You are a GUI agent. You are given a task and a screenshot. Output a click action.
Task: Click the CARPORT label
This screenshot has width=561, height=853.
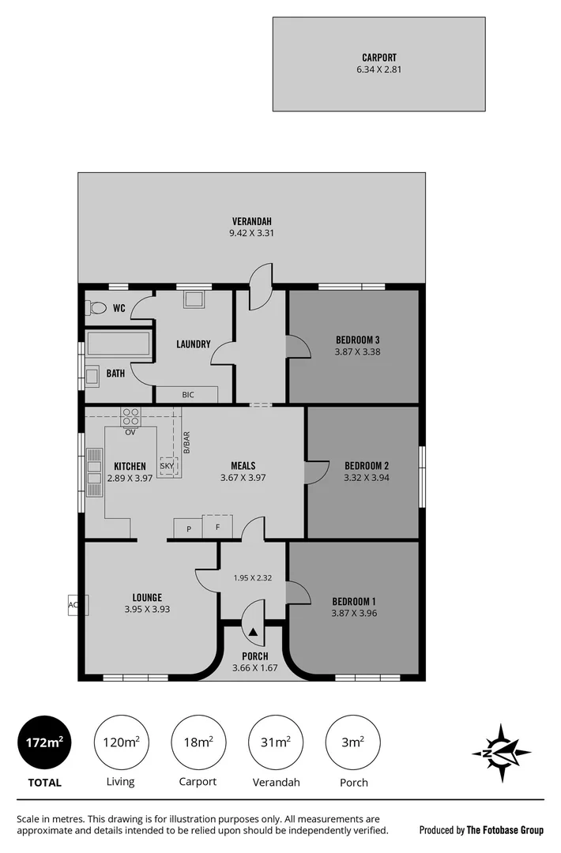click(x=379, y=58)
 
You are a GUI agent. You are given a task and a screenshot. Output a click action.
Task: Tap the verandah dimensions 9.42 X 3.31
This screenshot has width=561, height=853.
click(x=252, y=233)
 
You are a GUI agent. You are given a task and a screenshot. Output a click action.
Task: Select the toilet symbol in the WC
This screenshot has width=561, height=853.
click(x=98, y=307)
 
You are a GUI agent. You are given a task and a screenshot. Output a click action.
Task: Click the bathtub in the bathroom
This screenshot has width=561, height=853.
click(x=119, y=344)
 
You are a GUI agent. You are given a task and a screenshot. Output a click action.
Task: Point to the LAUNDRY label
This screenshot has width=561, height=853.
click(x=193, y=344)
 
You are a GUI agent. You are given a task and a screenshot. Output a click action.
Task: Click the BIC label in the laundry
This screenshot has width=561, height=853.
click(x=187, y=394)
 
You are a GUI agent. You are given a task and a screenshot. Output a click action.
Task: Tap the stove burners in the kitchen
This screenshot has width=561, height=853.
click(x=130, y=416)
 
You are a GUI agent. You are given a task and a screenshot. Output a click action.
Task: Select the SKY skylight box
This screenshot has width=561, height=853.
click(x=168, y=466)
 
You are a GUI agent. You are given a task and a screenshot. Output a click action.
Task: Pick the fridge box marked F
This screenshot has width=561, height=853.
click(x=217, y=527)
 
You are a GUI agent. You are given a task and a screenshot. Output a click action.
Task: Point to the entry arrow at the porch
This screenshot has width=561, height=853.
click(x=253, y=632)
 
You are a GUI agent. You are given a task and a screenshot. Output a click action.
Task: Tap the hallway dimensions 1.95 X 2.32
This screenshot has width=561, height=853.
click(x=253, y=578)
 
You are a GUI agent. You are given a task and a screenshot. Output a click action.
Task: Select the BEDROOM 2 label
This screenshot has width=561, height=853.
click(x=367, y=466)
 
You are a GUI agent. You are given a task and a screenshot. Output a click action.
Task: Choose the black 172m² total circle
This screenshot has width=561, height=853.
click(x=44, y=742)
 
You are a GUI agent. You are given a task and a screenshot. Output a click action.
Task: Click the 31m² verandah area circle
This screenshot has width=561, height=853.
click(x=275, y=742)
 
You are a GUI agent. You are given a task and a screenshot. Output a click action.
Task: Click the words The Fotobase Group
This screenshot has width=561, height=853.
click(x=505, y=830)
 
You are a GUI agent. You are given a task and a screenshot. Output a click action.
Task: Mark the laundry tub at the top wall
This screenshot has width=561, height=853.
click(x=194, y=299)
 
